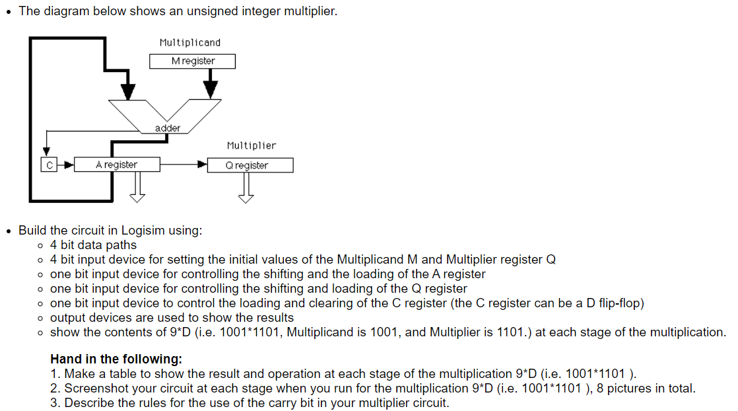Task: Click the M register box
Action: coord(192,61)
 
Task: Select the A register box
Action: coord(117,165)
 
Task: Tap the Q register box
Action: coord(250,165)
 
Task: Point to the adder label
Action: coord(168,128)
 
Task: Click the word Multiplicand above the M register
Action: coord(190,42)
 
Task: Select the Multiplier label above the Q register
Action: coord(252,145)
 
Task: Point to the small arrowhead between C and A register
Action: coord(67,165)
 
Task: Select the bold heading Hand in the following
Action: coord(116,359)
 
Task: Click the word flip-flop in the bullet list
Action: coord(621,303)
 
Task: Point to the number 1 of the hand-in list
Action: coord(54,374)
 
